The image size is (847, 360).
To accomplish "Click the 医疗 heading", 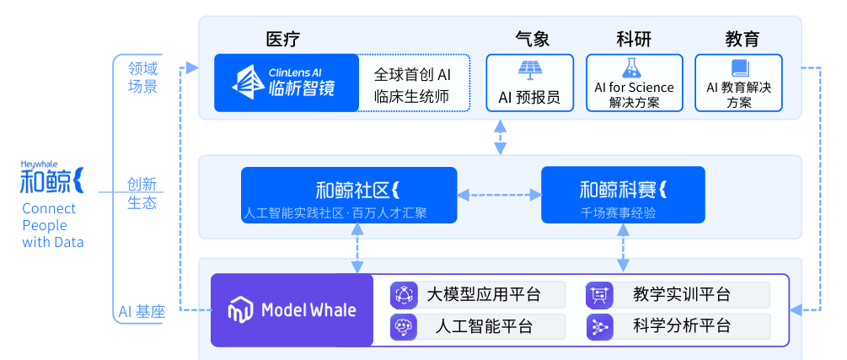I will (x=282, y=39).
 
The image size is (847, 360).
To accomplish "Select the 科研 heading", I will (x=634, y=39).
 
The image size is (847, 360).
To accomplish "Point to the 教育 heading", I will (x=742, y=39).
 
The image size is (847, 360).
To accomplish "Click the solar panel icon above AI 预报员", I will (x=530, y=68).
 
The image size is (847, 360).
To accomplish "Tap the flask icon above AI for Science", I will (x=633, y=67).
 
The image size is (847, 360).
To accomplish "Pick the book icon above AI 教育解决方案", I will (x=739, y=67).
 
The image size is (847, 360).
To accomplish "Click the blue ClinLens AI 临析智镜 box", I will (x=287, y=83).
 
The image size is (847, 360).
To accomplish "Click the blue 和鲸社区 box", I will (x=348, y=196).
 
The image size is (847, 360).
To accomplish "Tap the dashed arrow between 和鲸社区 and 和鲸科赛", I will (x=499, y=195).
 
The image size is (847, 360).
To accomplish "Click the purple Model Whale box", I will (x=292, y=310).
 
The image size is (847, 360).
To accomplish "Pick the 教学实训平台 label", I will (x=681, y=295).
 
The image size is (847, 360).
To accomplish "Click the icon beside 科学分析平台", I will (x=598, y=326).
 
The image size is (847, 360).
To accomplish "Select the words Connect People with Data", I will (x=52, y=225).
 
